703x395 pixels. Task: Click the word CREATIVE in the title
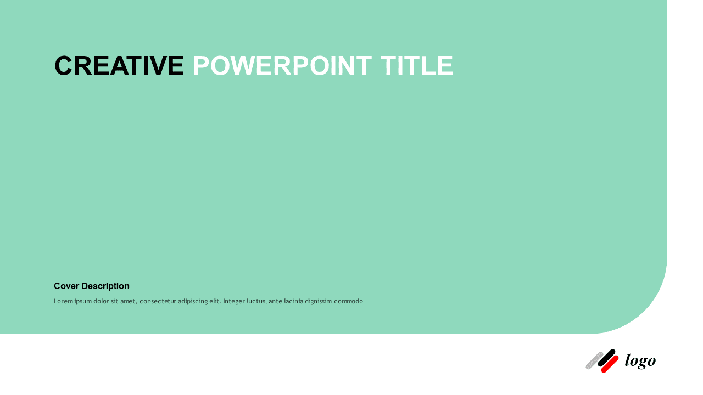click(119, 66)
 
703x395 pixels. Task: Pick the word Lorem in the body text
click(63, 301)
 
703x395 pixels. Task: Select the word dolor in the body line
click(103, 301)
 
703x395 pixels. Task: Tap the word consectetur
click(158, 301)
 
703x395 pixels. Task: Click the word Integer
click(235, 301)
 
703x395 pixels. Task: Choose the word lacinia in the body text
click(296, 301)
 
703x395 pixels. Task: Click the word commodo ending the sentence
click(352, 301)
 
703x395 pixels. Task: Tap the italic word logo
click(640, 360)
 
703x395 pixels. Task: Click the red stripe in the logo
click(610, 364)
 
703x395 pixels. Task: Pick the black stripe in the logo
click(606, 358)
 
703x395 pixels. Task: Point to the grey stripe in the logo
click(594, 360)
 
